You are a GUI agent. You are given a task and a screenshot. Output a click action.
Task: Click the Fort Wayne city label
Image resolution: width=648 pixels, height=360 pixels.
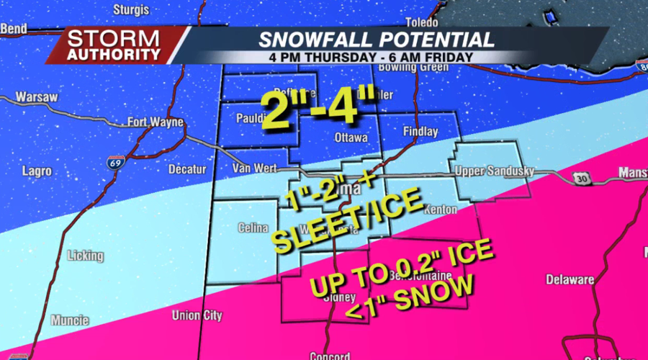click(x=156, y=122)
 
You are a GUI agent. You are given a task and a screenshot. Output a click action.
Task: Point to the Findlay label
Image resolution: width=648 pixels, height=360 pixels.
click(x=420, y=132)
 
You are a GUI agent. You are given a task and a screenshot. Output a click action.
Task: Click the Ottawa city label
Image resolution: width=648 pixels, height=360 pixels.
click(x=351, y=137)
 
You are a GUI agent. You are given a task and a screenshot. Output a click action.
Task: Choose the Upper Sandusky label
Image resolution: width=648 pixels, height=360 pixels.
click(x=493, y=171)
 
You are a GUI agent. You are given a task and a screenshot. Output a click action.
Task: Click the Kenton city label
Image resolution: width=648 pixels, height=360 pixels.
click(x=440, y=210)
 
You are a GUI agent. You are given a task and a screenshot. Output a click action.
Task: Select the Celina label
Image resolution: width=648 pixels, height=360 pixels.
click(x=253, y=228)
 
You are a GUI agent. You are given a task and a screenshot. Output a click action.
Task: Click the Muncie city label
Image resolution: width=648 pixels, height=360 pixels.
click(x=70, y=320)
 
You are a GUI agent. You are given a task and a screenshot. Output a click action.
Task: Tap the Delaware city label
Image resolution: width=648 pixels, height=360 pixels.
click(x=569, y=279)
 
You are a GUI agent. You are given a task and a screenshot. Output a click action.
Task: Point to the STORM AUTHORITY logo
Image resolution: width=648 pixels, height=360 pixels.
click(x=114, y=45)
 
